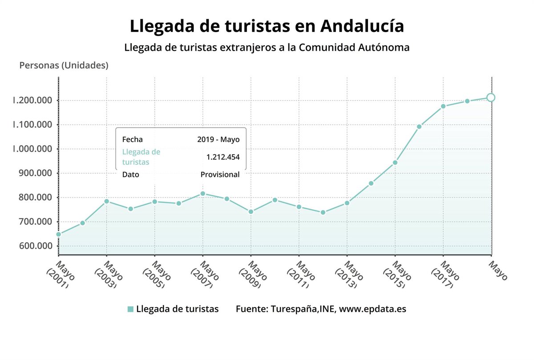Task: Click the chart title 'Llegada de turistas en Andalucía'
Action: (x=267, y=26)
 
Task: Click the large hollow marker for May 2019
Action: (x=490, y=97)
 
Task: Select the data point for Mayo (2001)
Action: (x=58, y=234)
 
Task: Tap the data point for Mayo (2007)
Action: (x=203, y=194)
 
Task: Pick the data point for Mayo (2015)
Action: (x=395, y=162)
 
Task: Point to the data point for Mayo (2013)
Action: (x=347, y=203)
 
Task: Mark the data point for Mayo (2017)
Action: (x=443, y=106)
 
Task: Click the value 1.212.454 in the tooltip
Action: (x=222, y=157)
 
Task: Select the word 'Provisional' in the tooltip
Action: (x=220, y=174)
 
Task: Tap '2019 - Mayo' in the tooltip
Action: (x=218, y=139)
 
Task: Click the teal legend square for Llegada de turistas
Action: (x=130, y=309)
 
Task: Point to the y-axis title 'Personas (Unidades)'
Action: (x=64, y=65)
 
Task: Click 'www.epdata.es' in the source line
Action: (x=372, y=309)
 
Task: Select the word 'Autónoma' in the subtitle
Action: (x=384, y=47)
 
